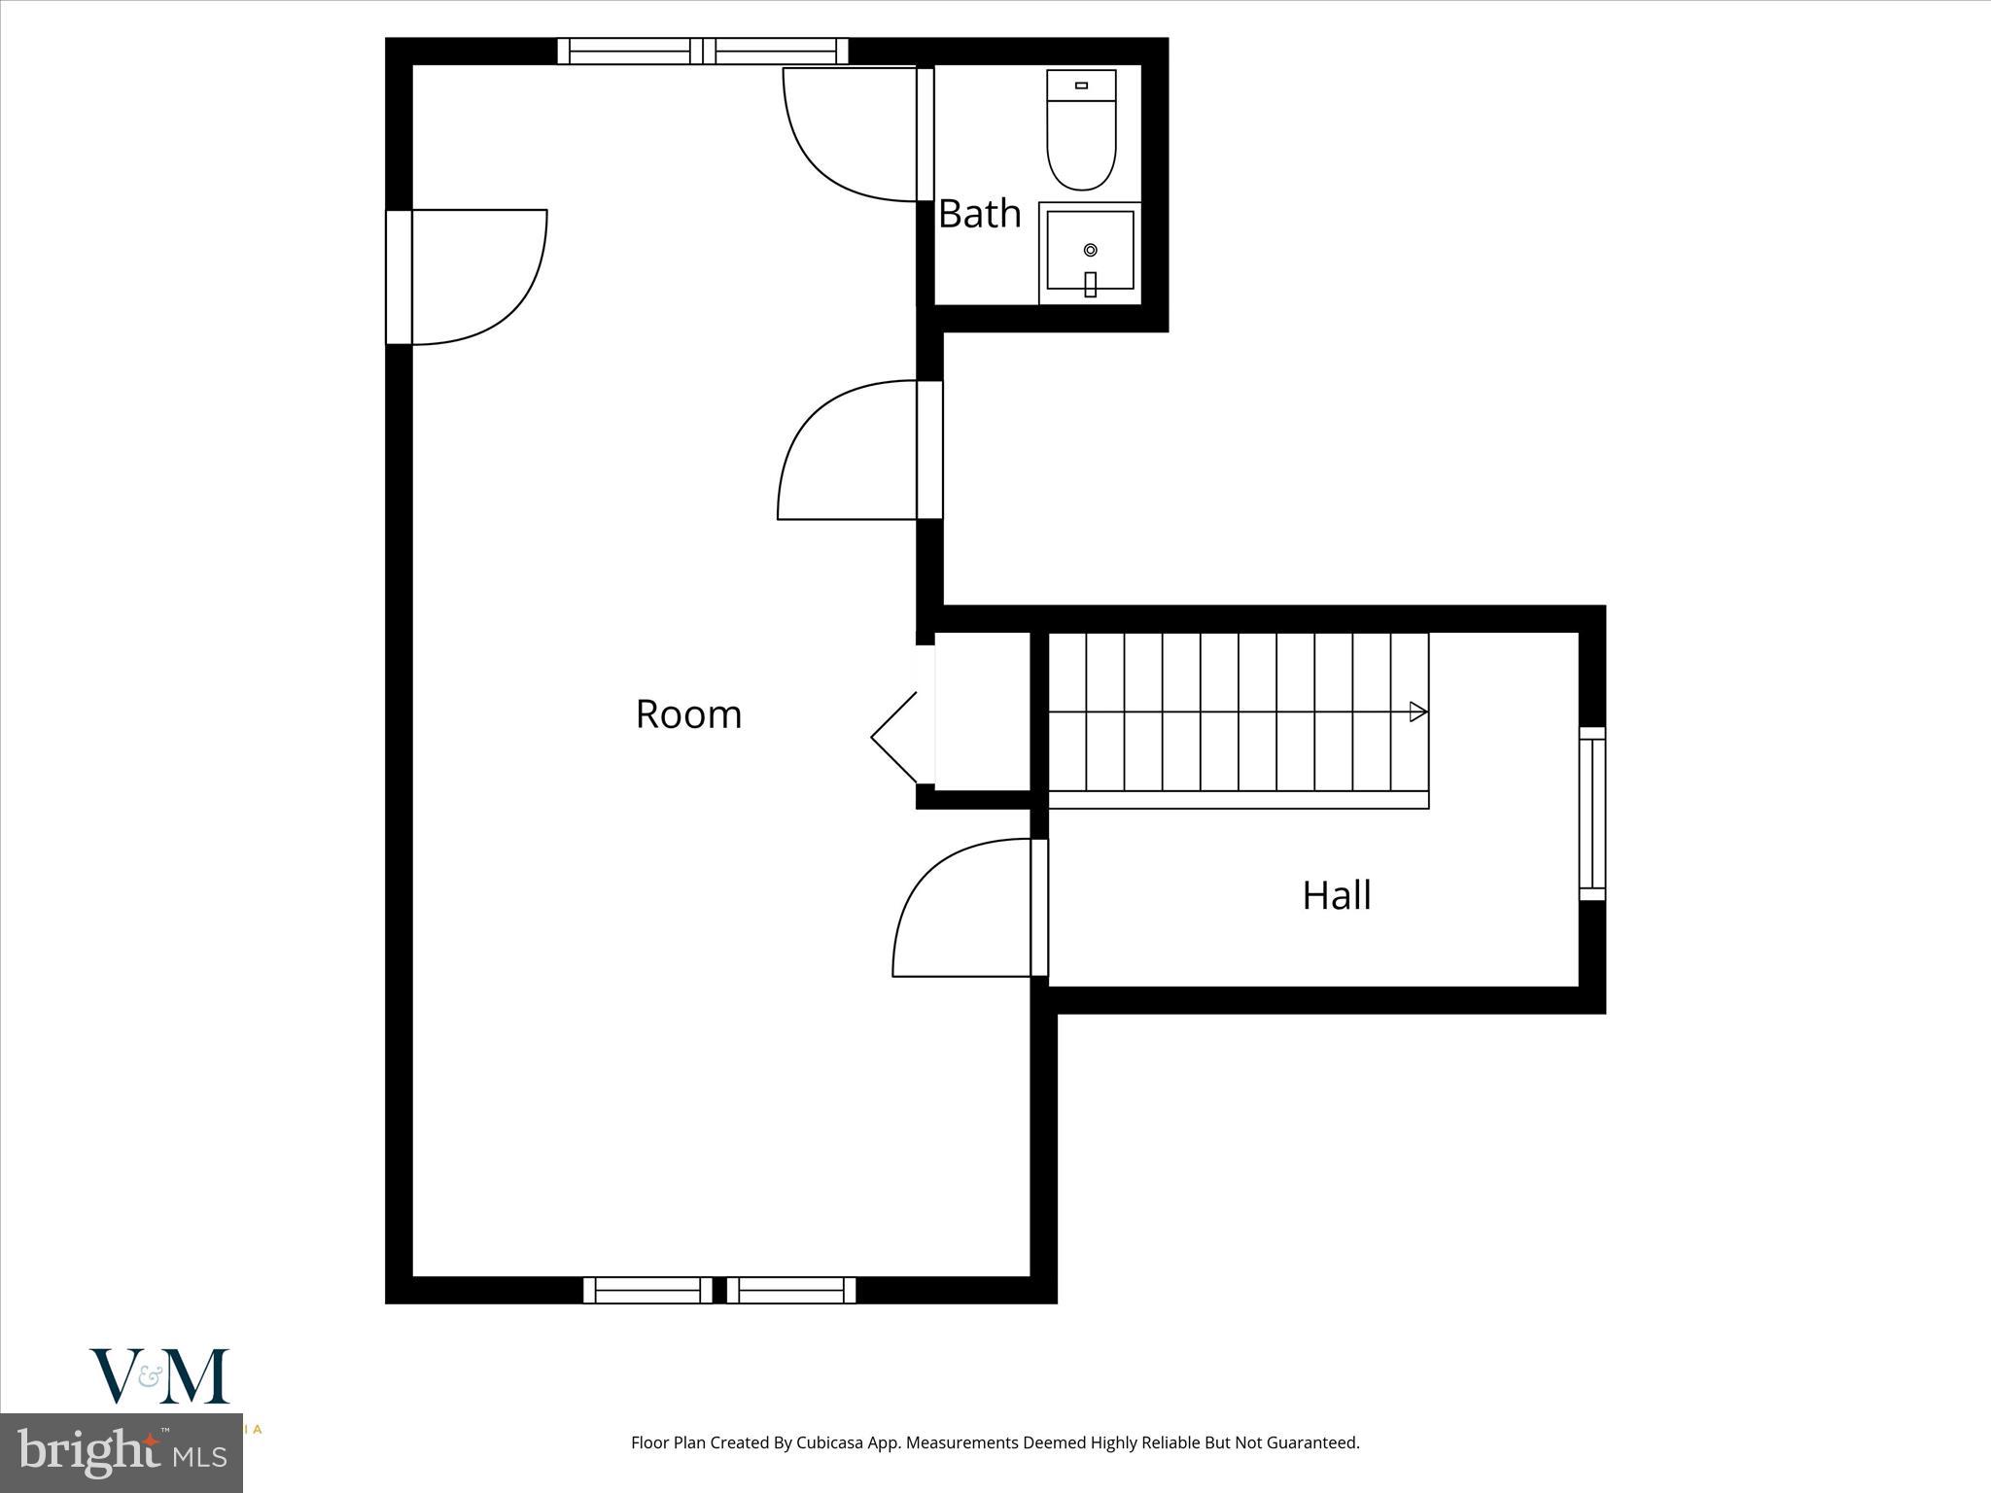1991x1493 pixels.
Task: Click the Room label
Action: tap(688, 714)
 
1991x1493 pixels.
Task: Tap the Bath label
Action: tap(979, 214)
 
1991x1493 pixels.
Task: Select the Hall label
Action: tap(1337, 895)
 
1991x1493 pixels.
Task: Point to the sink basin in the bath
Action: tap(1090, 250)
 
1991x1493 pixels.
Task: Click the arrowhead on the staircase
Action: tap(1418, 712)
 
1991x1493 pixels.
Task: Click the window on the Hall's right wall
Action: tap(1591, 813)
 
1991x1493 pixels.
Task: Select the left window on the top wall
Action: tap(629, 51)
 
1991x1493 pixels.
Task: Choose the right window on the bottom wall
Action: tap(791, 1290)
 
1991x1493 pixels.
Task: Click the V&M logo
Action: tap(160, 1375)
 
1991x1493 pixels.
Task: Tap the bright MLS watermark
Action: tap(121, 1453)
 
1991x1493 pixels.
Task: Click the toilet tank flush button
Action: tap(1081, 86)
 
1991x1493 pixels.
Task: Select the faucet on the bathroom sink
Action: tap(1090, 283)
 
